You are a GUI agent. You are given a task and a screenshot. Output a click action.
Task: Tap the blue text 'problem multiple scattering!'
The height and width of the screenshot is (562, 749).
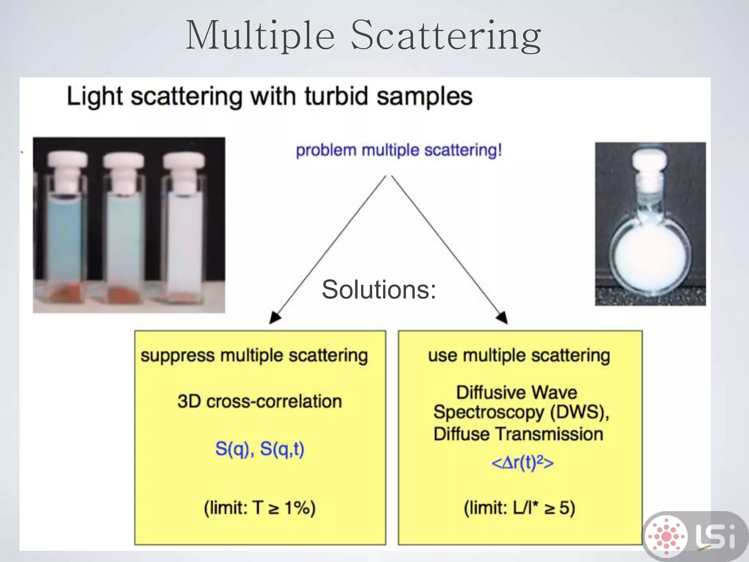(x=399, y=150)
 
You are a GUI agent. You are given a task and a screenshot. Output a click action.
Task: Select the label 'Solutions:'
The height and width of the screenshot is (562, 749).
(x=379, y=289)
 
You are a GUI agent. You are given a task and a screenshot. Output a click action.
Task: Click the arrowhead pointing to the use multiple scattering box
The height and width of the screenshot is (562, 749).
(x=502, y=317)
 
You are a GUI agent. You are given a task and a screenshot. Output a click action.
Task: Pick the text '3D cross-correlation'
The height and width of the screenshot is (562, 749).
(x=260, y=401)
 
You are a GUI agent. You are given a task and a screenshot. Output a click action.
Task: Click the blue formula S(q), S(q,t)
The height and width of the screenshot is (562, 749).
(x=260, y=449)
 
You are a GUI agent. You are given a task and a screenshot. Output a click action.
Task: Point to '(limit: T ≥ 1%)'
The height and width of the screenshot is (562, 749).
(x=260, y=508)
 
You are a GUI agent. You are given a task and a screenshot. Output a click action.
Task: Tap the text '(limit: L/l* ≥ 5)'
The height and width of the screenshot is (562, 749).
(x=519, y=508)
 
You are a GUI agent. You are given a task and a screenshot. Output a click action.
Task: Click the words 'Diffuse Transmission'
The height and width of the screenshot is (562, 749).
(x=518, y=434)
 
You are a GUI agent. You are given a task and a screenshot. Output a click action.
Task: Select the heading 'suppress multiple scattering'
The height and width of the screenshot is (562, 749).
(x=254, y=356)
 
